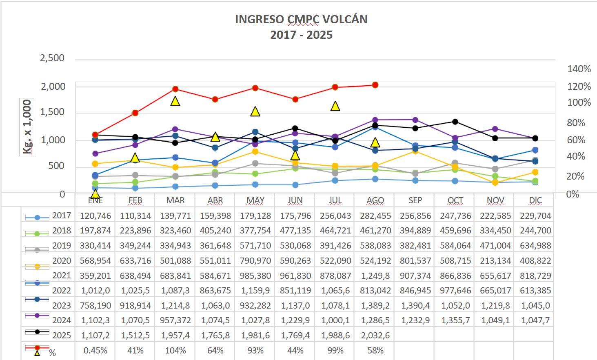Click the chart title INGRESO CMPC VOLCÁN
pos(301,19)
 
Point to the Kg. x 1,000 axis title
pos(27,127)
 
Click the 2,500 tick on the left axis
pos(52,58)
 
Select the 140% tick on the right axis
pos(579,69)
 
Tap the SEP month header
pos(415,200)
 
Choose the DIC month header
pos(535,200)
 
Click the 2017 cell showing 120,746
pos(95,216)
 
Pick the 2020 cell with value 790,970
pos(255,260)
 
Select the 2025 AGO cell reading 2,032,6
pos(375,335)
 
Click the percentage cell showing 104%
pos(175,350)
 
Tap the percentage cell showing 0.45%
pos(95,350)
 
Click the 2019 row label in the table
pos(62,245)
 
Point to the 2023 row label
pos(62,305)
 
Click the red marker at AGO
pos(375,85)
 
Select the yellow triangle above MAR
pos(175,101)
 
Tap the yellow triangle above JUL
pos(335,106)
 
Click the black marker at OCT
pos(455,122)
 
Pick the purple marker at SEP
pos(415,120)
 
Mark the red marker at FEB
pos(135,113)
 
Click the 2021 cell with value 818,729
pos(535,276)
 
